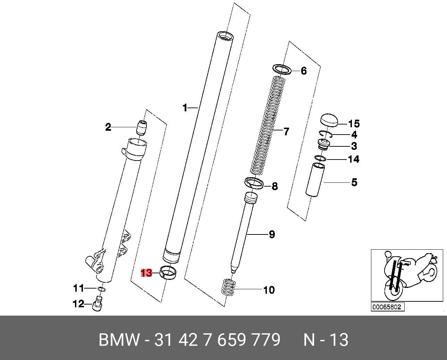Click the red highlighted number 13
coord(146,273)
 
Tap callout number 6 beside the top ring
coord(304,71)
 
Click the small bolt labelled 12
coord(98,304)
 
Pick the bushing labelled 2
coord(141,127)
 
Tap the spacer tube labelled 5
coord(315,180)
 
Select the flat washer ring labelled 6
coord(282,69)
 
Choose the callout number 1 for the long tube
coord(185,108)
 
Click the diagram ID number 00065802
coord(388,307)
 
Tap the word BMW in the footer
coord(119,340)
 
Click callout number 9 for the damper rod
coord(272,234)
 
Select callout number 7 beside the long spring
coord(286,132)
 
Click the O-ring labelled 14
coord(320,158)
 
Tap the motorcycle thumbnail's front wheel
coord(393,290)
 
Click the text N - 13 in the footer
coord(326,340)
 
